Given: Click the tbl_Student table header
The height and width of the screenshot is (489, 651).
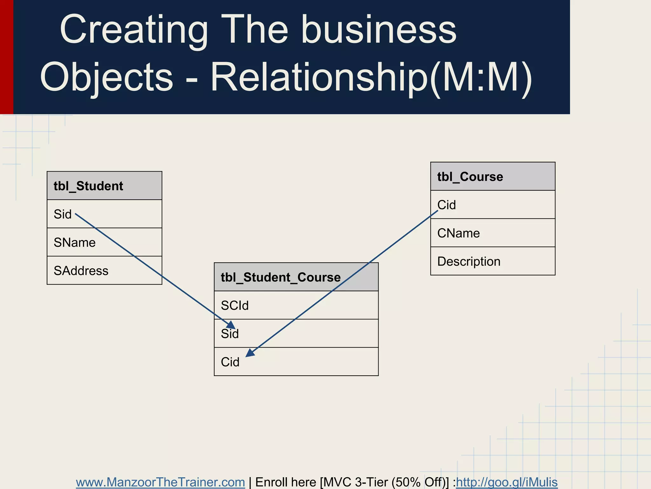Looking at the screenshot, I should pos(104,186).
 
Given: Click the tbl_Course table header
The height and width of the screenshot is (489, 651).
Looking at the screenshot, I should pos(493,177).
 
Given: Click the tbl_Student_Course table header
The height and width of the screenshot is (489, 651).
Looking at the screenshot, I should pos(296,277).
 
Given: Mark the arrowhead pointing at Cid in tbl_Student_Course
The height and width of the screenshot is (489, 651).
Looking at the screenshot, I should pos(250,353).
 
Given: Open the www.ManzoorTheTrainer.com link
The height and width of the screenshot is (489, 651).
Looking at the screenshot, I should pos(161,482).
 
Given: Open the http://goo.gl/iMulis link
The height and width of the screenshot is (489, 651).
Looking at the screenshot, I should pos(507,482).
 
